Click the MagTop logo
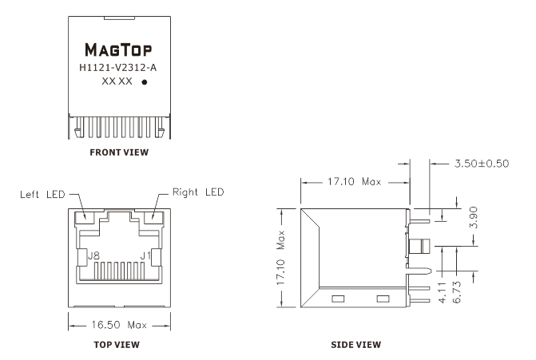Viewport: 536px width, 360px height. (118, 49)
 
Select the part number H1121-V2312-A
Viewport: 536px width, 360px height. (118, 68)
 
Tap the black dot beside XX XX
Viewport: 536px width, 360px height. (145, 82)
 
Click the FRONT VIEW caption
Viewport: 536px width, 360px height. (119, 152)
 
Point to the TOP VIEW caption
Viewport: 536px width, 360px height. (117, 345)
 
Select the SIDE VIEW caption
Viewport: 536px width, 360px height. (355, 345)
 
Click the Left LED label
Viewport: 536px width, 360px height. (42, 194)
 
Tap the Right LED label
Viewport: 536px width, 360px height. (198, 192)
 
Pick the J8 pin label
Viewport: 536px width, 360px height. (93, 255)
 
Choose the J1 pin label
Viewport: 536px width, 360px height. (145, 255)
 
